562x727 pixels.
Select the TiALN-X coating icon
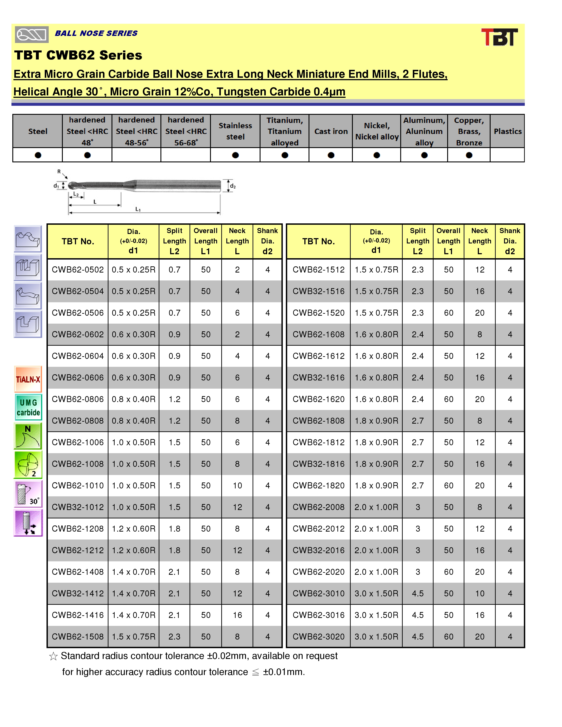click(28, 379)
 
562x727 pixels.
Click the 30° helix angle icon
click(28, 494)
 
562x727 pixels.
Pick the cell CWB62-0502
click(78, 270)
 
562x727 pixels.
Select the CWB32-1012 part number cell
click(78, 507)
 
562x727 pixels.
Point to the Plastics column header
click(507, 131)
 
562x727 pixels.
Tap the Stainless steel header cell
click(235, 131)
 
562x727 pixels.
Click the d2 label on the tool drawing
click(233, 186)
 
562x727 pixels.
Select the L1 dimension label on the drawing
click(138, 209)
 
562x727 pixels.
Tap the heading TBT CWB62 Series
click(78, 55)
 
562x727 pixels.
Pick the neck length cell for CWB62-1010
click(237, 485)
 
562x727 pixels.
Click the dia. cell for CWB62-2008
click(376, 507)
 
